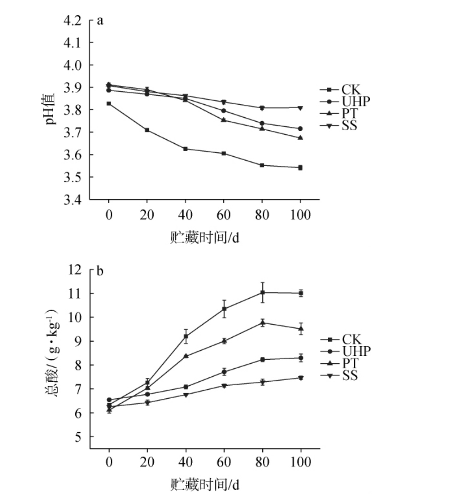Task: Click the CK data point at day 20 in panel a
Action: point(147,130)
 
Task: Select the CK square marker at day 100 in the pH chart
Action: point(300,168)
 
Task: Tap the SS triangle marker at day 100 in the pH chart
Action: point(300,108)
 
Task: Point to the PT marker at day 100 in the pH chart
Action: point(300,138)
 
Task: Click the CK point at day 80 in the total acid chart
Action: point(262,293)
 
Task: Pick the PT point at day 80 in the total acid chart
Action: point(262,323)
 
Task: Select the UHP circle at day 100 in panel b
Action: point(300,358)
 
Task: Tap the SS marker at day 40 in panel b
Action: point(186,395)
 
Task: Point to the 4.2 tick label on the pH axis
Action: point(72,20)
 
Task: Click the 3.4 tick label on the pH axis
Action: point(72,200)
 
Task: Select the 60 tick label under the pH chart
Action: point(224,215)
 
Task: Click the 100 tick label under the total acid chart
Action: point(300,462)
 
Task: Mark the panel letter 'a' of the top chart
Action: point(100,20)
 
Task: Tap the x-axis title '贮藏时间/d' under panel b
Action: point(204,484)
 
